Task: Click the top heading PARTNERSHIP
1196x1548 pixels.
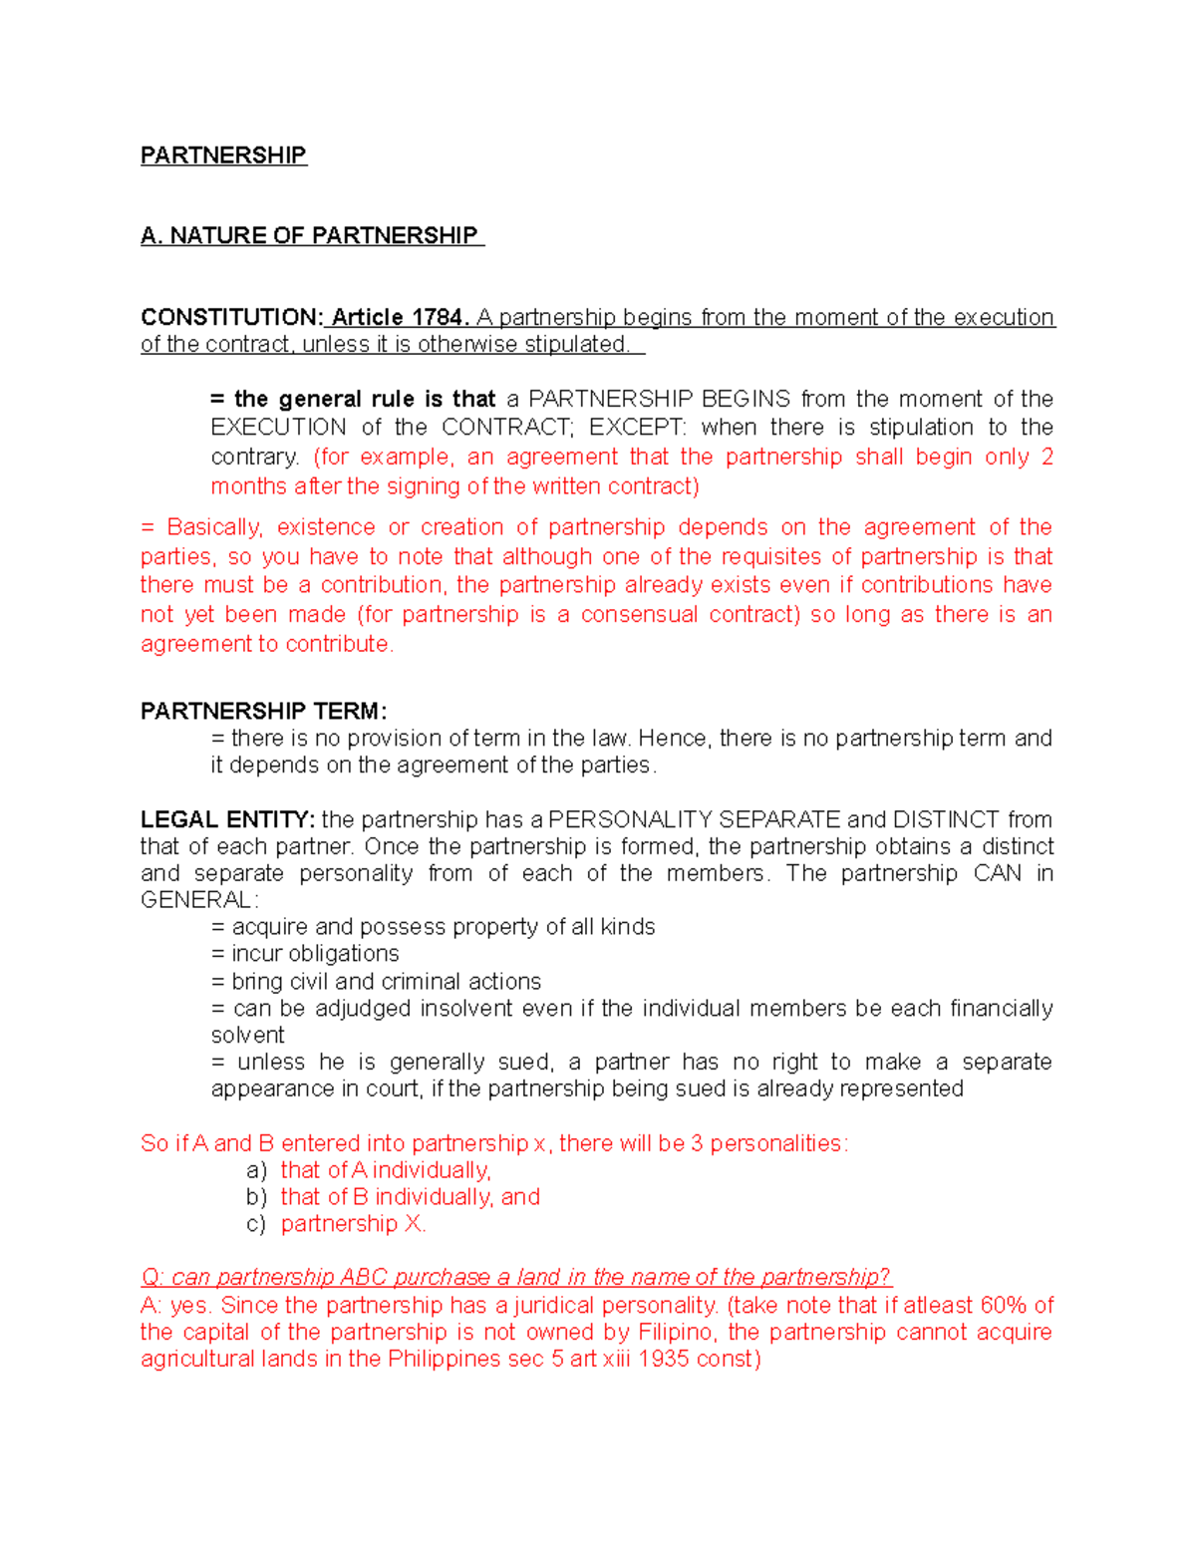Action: point(223,155)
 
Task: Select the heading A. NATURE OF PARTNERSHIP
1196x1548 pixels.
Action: point(310,235)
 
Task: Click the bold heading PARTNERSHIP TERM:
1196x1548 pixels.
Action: point(263,711)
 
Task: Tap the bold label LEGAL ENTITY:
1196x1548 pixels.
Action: point(227,819)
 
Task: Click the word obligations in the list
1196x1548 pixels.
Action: point(343,954)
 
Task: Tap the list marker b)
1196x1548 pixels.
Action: point(256,1197)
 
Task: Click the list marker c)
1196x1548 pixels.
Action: point(256,1224)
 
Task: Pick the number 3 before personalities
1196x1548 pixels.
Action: point(697,1143)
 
